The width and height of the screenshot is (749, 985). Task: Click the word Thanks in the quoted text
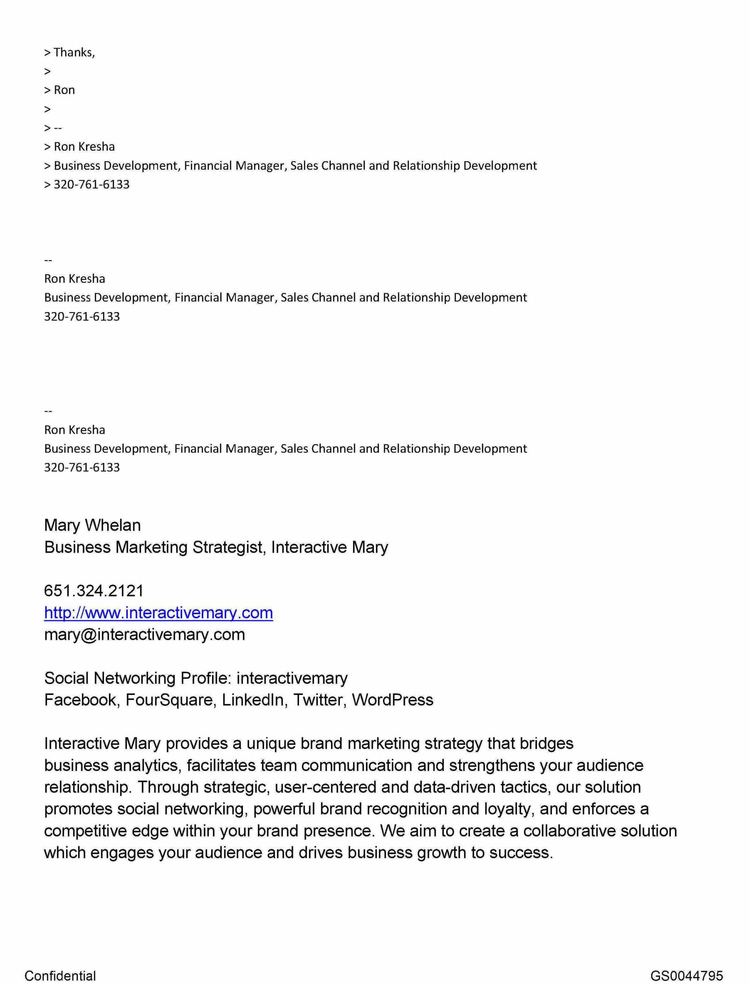(x=74, y=52)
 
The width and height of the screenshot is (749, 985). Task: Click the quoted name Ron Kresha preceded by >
(x=84, y=147)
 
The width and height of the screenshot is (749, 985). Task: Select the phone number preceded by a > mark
(x=92, y=185)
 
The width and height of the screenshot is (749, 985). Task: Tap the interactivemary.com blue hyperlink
(x=158, y=613)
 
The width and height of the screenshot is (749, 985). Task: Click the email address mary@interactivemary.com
(x=144, y=635)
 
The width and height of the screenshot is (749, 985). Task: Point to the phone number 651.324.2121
(x=94, y=591)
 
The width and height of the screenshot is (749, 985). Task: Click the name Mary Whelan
(x=92, y=525)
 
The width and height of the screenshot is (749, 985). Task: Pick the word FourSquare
(x=170, y=700)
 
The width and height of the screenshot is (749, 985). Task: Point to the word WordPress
(x=392, y=700)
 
